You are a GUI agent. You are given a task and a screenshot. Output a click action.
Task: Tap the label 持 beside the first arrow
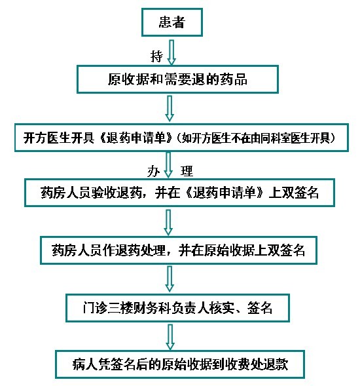(x=156, y=56)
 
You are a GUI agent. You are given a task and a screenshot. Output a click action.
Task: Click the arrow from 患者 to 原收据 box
(x=171, y=52)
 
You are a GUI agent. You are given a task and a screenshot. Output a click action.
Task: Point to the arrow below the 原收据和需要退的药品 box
(x=170, y=108)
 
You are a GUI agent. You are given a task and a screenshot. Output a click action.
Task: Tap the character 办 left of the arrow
(x=153, y=171)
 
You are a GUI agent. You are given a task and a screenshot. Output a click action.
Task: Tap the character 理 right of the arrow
(x=187, y=171)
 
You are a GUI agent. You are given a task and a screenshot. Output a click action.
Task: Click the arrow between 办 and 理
(x=168, y=165)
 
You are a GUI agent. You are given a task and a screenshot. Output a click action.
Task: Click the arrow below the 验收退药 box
(x=168, y=223)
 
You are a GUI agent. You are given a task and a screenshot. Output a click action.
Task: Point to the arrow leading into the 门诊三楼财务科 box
(x=170, y=279)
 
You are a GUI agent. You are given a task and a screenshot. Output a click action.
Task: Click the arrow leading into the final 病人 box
(x=170, y=337)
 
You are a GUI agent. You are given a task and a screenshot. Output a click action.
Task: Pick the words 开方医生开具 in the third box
(x=59, y=138)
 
